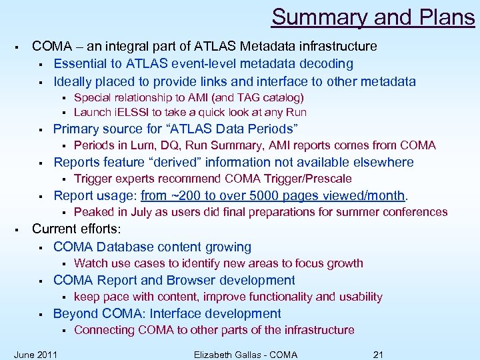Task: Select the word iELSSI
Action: coord(133,112)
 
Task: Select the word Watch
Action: coord(89,263)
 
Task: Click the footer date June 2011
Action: coord(35,354)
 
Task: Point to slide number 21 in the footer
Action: coord(378,354)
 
